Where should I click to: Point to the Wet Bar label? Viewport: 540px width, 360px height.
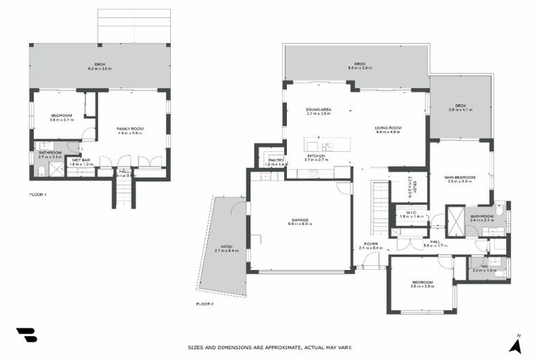pos(81,161)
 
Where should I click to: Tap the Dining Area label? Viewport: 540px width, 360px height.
pos(319,110)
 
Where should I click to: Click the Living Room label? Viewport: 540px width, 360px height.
pos(387,128)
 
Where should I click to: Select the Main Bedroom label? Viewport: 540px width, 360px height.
pos(460,178)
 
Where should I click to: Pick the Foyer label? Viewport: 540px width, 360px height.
pos(371,244)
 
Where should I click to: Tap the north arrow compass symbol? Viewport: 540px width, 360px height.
pos(515,345)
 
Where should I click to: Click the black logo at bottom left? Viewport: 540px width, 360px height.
pos(26,335)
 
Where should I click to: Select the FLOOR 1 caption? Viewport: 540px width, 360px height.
pos(38,194)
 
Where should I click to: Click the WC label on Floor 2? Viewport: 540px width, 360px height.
pos(484,267)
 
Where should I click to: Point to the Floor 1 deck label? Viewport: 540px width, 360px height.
pos(100,66)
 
